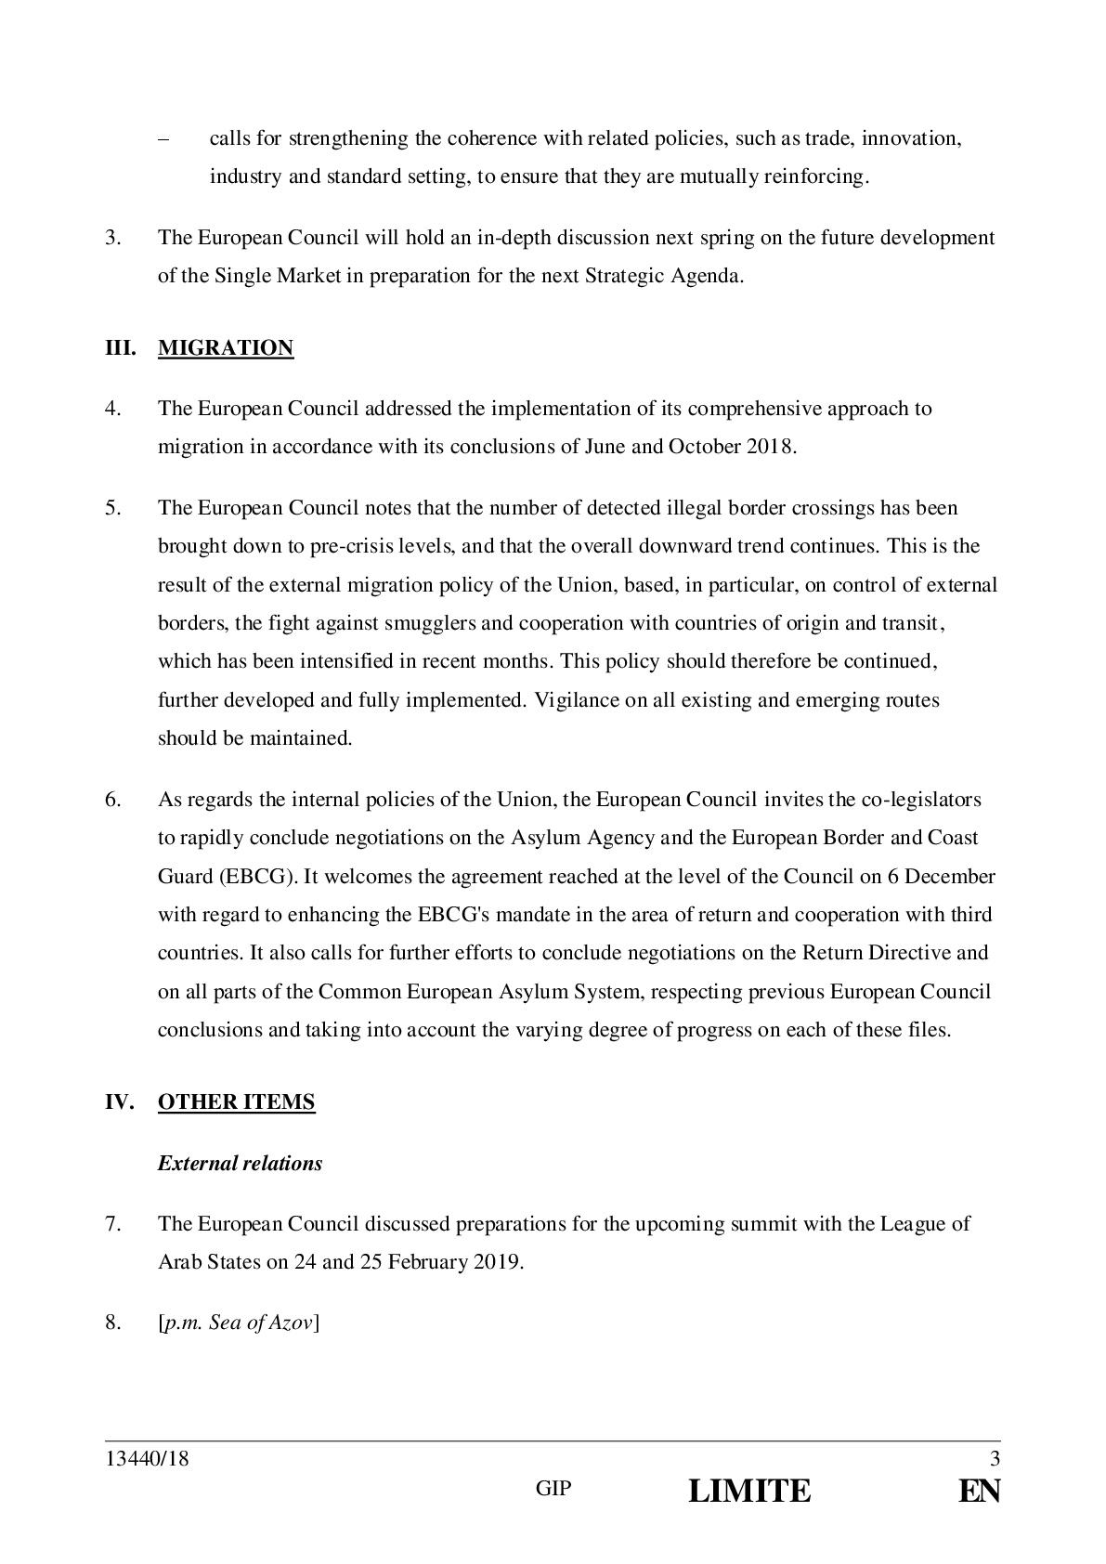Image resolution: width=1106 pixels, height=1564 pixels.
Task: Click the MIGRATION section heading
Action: point(226,348)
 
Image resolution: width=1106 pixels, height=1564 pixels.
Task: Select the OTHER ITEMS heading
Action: point(236,1102)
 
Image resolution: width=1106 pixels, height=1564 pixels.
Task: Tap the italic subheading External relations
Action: point(240,1164)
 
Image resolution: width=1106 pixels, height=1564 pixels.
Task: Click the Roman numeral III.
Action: point(120,348)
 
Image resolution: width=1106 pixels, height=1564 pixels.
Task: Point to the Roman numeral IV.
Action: point(120,1102)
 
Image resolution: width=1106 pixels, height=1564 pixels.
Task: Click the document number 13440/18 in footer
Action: point(147,1459)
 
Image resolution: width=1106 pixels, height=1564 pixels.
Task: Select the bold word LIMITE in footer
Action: point(749,1492)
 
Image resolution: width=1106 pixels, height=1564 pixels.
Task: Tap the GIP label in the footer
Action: point(554,1490)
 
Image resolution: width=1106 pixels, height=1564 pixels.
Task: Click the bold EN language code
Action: point(980,1492)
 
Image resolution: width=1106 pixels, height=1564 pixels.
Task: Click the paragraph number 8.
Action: point(112,1323)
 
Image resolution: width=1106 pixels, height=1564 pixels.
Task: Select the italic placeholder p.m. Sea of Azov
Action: point(239,1323)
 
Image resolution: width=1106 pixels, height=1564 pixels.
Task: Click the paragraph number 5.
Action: point(112,508)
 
